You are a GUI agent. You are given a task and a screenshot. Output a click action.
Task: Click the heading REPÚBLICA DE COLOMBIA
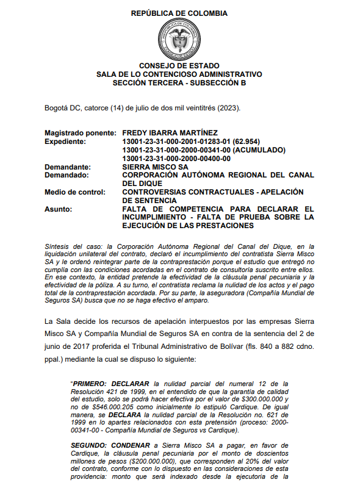(x=179, y=13)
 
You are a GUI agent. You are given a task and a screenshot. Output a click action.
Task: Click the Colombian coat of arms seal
(x=179, y=39)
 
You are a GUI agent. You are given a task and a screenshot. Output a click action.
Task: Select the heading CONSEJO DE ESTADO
(x=179, y=65)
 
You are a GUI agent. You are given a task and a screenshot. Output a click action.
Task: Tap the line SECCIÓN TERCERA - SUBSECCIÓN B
(x=179, y=82)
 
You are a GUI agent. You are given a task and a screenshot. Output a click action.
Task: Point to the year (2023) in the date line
(x=229, y=108)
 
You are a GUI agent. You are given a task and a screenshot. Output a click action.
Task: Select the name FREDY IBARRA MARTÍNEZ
(x=170, y=132)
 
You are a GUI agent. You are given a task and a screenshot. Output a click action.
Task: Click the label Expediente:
(x=66, y=141)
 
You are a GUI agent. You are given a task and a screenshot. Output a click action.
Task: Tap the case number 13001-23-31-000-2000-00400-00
(x=177, y=158)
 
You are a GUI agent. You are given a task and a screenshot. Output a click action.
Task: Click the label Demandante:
(x=68, y=167)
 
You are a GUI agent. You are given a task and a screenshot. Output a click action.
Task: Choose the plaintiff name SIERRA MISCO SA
(x=156, y=167)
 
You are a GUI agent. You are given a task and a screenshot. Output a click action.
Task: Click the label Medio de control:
(x=75, y=192)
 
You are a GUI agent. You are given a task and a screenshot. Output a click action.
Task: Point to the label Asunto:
(x=59, y=209)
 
